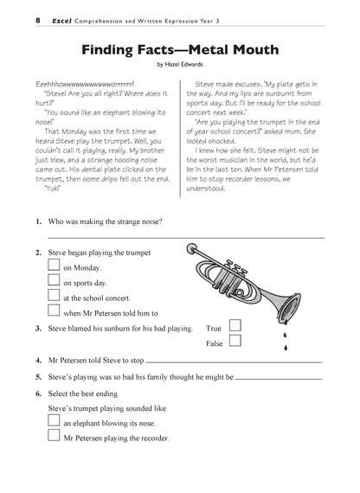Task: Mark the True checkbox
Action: pyautogui.click(x=235, y=327)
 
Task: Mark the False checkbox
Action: pyautogui.click(x=235, y=343)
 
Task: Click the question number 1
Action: pyautogui.click(x=39, y=221)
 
